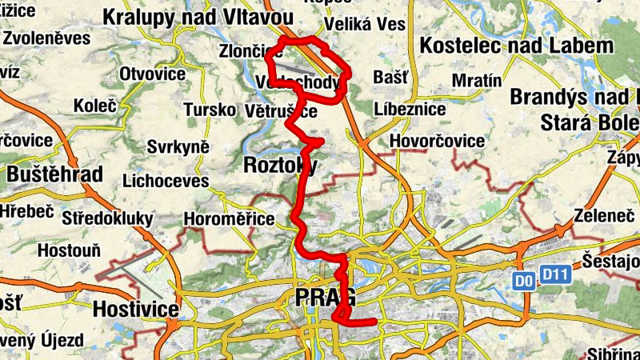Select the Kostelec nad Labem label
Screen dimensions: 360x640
[x=516, y=45]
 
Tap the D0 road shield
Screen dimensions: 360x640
[x=523, y=281]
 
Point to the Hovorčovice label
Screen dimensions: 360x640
[x=437, y=141]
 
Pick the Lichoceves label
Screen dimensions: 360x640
[x=166, y=181]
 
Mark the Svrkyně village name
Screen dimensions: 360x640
[x=178, y=146]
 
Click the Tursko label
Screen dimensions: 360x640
[x=209, y=110]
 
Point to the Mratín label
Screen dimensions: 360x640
[x=476, y=80]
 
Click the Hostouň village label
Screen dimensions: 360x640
[x=69, y=250]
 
